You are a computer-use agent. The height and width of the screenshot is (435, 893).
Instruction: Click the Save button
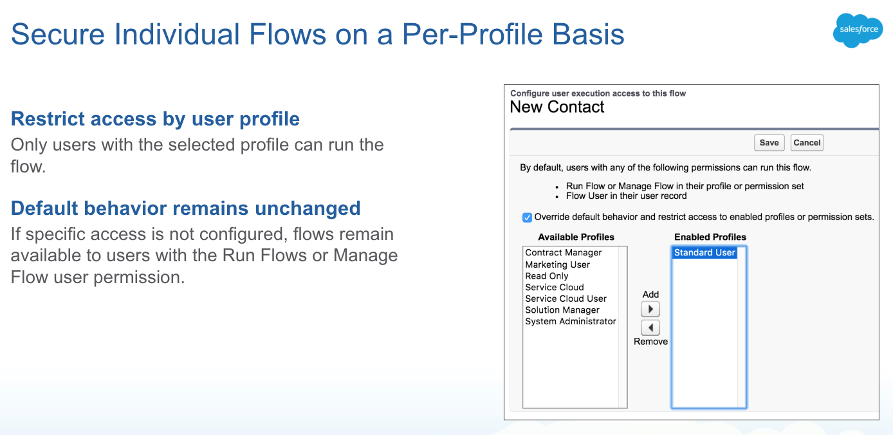[769, 143]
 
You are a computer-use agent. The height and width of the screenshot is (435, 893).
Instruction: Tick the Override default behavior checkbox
[527, 217]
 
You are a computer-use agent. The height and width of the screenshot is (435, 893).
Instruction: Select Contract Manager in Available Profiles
[564, 252]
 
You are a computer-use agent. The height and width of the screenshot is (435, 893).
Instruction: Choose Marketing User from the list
[557, 264]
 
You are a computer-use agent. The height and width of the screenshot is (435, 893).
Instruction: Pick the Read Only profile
[547, 276]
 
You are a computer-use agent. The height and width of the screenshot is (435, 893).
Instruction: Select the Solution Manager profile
[562, 310]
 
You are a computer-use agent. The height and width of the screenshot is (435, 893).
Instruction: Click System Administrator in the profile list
[571, 321]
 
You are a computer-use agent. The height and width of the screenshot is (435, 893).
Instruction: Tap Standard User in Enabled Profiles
[704, 252]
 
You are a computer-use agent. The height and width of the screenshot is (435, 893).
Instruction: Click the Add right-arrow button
[650, 309]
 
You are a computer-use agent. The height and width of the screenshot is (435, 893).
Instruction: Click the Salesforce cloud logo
[858, 30]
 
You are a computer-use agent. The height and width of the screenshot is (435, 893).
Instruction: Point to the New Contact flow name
[557, 107]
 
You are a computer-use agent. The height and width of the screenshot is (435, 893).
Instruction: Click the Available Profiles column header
[576, 237]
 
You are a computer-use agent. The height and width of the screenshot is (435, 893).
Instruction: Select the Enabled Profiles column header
[710, 237]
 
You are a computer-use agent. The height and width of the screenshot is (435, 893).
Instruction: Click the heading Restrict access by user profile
[155, 119]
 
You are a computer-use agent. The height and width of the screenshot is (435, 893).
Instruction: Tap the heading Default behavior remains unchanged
[186, 208]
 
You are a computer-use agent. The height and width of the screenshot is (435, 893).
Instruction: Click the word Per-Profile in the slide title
[472, 34]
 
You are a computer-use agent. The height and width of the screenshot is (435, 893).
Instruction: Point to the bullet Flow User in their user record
[626, 196]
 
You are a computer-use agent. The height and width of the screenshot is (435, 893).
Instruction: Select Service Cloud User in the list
[566, 299]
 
